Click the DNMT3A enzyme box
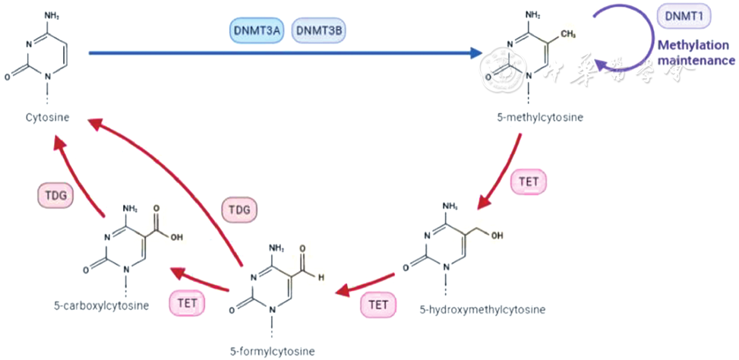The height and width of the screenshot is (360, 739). point(257,30)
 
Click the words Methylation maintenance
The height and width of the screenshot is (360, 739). point(695,52)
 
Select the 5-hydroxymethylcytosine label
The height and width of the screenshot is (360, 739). point(482,309)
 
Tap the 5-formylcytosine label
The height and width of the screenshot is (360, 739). point(271,351)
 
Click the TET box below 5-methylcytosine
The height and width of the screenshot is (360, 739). point(531,182)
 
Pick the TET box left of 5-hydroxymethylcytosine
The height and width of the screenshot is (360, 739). point(378,305)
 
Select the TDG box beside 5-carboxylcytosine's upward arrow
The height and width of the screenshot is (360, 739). point(55,196)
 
